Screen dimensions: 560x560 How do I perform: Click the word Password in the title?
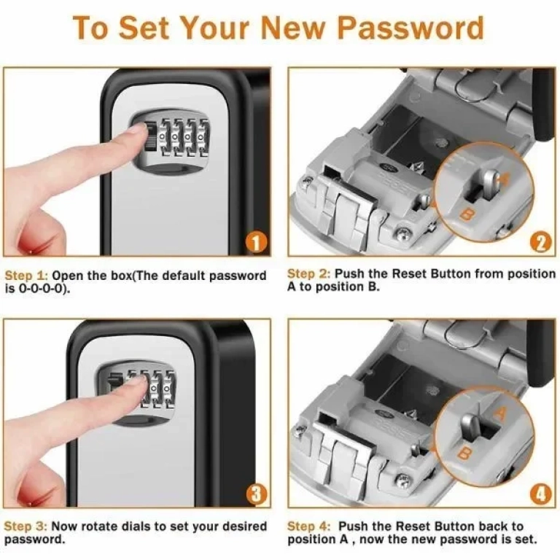[411, 28]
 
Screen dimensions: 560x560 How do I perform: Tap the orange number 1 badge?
[256, 243]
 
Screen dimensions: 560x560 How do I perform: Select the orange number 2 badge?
[542, 243]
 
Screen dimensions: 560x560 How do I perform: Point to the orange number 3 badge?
[257, 494]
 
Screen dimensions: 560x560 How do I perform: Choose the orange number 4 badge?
[541, 494]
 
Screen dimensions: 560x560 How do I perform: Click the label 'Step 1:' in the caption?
[26, 276]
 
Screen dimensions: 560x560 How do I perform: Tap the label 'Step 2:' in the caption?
[309, 274]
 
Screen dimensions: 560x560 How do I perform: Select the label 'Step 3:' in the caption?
[26, 526]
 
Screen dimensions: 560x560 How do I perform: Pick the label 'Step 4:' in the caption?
[309, 526]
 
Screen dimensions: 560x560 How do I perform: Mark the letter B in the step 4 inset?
[464, 454]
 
